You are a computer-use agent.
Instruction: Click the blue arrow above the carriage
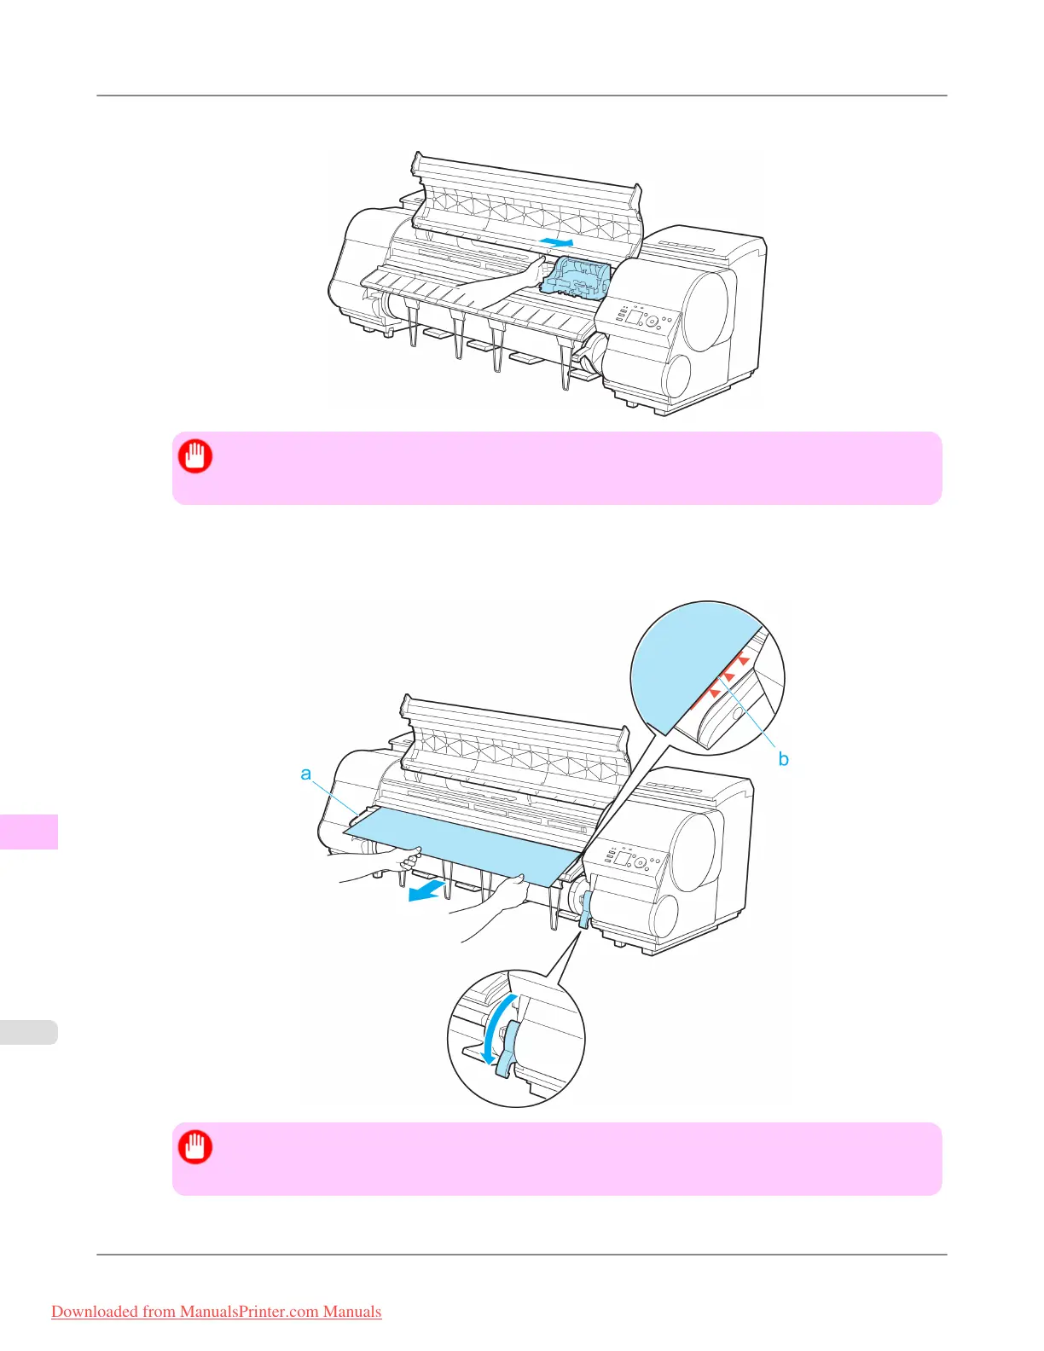[556, 243]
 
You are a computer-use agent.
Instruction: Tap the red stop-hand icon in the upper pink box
[195, 456]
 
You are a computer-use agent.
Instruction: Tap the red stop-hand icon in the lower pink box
[195, 1147]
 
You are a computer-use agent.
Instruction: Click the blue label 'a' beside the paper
[306, 774]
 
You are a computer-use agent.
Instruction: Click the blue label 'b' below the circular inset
[783, 758]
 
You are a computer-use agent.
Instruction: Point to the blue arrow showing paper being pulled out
[426, 891]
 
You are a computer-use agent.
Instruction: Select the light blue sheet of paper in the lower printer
[461, 840]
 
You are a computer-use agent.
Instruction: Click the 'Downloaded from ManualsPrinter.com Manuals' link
[217, 1312]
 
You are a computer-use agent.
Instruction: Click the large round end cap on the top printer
[706, 309]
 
